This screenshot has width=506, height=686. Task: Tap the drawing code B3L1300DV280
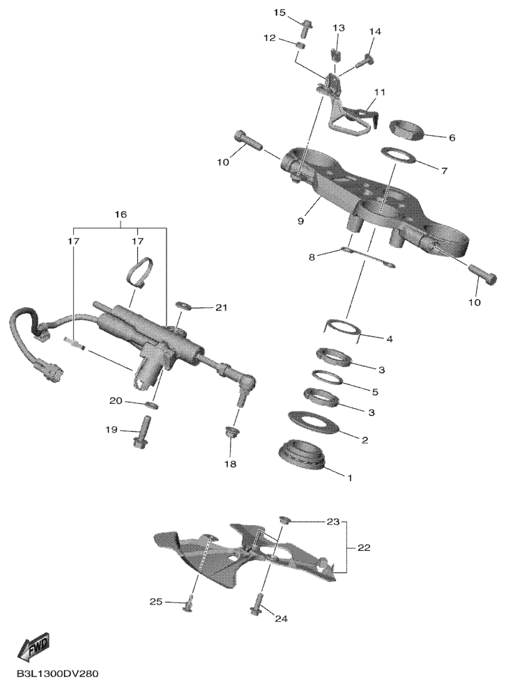57,673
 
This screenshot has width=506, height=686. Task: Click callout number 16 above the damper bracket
121,215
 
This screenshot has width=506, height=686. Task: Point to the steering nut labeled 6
406,130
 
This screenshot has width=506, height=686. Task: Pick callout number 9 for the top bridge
300,221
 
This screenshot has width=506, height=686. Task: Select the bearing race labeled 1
302,455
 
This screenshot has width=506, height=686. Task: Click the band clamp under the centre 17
139,272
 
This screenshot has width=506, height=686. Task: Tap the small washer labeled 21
183,304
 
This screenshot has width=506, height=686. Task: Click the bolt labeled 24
257,605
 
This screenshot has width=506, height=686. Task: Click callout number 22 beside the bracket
363,547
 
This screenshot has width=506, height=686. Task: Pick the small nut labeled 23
284,520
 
